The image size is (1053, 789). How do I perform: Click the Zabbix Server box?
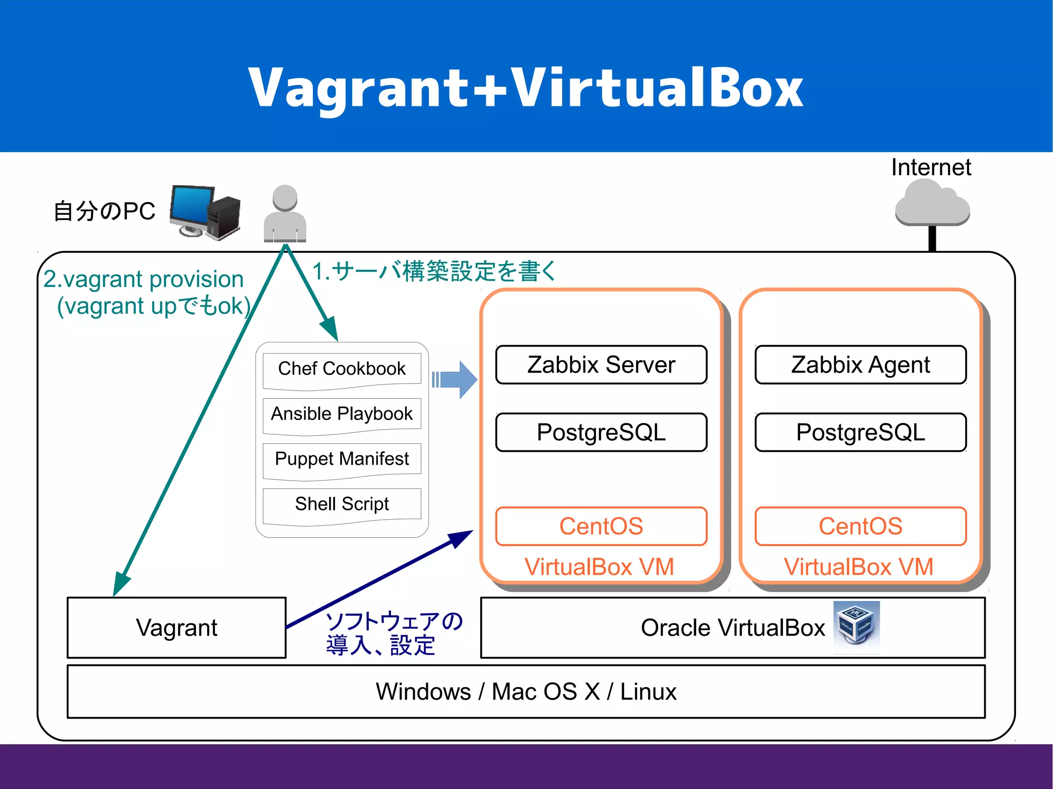(601, 365)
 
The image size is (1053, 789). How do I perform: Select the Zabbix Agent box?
(860, 365)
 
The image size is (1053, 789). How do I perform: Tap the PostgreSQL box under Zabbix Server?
(601, 432)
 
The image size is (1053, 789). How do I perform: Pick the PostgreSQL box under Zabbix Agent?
(860, 432)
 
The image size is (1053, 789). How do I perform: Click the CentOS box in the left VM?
(601, 526)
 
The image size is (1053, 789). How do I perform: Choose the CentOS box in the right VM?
(860, 526)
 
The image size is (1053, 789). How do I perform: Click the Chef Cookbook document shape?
(341, 369)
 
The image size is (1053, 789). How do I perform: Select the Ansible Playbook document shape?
(341, 414)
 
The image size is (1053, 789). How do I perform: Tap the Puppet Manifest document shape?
(341, 459)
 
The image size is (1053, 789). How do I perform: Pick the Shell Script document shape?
(341, 504)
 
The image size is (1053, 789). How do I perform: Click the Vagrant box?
(176, 628)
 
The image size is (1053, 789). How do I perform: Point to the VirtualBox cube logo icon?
(856, 626)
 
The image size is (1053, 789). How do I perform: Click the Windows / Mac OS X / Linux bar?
(525, 691)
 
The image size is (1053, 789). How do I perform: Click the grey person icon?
(285, 213)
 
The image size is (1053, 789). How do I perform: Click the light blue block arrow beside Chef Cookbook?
(456, 380)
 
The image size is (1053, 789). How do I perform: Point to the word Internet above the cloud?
(931, 168)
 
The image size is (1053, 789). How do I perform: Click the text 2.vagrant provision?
(143, 279)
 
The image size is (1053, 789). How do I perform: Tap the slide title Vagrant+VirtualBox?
(525, 87)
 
